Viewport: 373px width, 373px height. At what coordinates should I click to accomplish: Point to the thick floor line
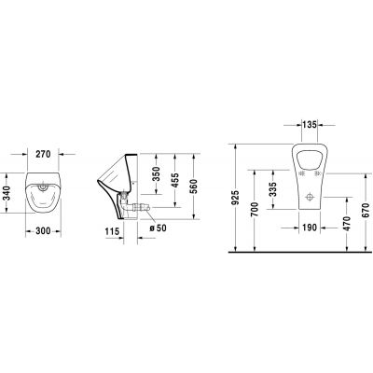pos(298,254)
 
